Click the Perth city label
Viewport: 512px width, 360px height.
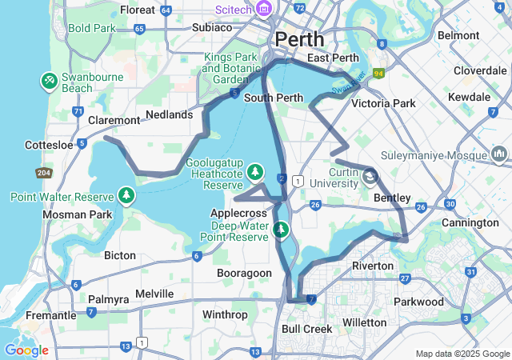[x=299, y=38]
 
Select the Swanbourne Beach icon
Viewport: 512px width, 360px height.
[x=49, y=81]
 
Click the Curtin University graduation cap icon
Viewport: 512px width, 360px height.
[x=371, y=175]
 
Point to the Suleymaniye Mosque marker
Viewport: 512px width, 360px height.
[x=499, y=153]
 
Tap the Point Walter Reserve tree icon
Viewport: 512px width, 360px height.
[x=126, y=195]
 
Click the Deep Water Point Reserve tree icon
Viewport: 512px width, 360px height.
[x=281, y=230]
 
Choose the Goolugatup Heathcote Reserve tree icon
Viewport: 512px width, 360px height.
[x=255, y=171]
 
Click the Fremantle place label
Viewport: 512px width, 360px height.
[x=28, y=315]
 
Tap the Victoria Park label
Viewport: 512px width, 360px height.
[x=383, y=103]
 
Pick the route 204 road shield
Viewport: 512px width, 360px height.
[x=44, y=174]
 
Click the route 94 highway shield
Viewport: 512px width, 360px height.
[x=378, y=74]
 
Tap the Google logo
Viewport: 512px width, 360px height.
[x=26, y=350]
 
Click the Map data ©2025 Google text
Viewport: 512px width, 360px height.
[x=462, y=354]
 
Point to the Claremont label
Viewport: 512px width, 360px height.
[x=114, y=120]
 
